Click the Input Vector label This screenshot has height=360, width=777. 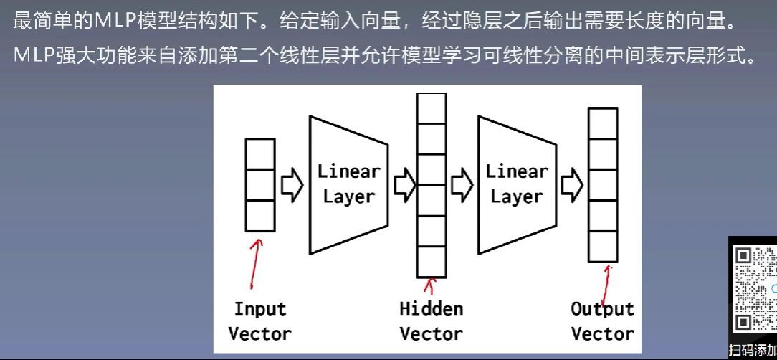coord(259,321)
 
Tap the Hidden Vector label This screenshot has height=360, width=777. coord(431,321)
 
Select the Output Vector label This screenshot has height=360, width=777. coord(602,321)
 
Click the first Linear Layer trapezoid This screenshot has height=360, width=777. coord(348,184)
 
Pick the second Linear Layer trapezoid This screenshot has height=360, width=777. coord(517,184)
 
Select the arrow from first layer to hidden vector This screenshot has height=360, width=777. coord(405,185)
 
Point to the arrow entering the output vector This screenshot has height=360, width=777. coord(571,185)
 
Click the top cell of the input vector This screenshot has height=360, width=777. coord(260,154)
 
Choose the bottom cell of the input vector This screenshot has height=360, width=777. coord(260,216)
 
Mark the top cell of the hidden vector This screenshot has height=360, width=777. coord(431,108)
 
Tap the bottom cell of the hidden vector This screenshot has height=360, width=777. coord(431,262)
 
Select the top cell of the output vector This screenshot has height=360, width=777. coord(603,123)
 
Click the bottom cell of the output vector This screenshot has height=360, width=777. coord(603,247)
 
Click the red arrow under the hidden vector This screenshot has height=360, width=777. coord(430,288)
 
